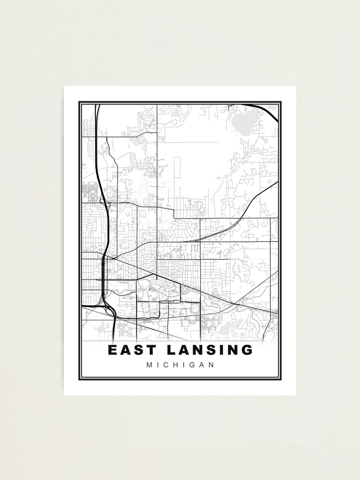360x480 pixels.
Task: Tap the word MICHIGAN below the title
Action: tap(180, 365)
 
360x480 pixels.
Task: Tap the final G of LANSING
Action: tap(247, 350)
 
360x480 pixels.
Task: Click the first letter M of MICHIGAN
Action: tap(150, 365)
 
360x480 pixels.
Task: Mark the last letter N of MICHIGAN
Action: tap(211, 365)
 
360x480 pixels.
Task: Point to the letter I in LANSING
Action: tap(221, 350)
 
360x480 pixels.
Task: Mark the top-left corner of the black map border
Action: tap(80, 102)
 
